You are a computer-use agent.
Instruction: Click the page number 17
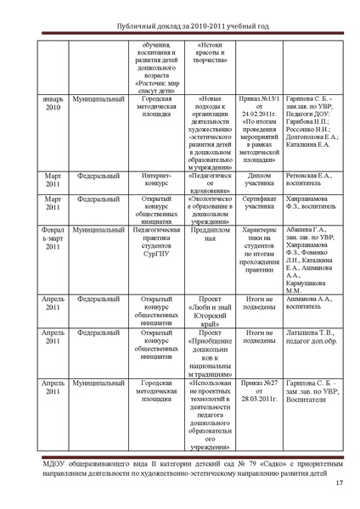point(339,484)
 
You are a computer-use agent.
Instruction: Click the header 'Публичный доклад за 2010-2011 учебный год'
point(180,26)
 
